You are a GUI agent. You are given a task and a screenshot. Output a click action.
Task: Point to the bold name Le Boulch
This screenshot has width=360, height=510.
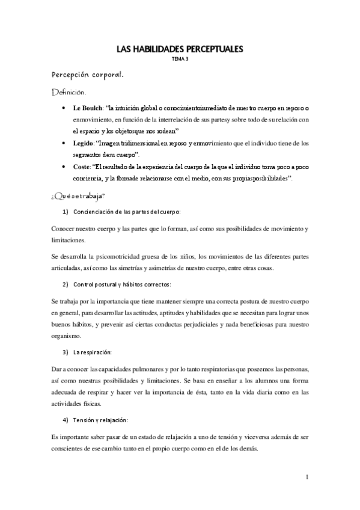(85, 108)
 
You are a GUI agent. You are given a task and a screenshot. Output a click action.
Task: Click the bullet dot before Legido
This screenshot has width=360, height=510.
(64, 143)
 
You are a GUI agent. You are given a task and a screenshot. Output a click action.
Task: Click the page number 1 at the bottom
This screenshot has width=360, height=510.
(307, 478)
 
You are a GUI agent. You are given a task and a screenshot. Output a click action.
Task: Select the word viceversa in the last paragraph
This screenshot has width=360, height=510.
(245, 434)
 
